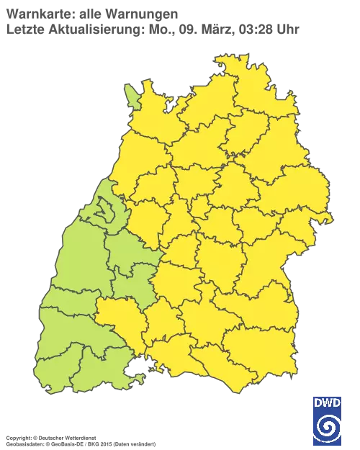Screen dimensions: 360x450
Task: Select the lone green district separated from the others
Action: pyautogui.click(x=132, y=94)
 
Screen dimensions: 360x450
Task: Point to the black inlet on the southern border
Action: pyautogui.click(x=134, y=372)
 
